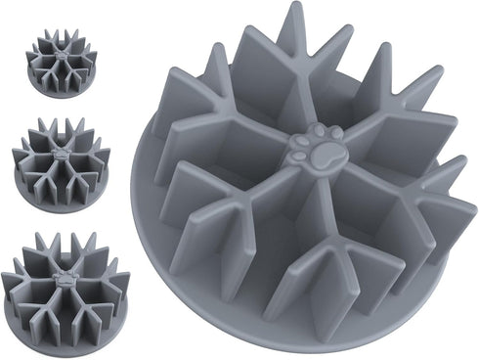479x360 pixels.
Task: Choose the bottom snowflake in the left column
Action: pos(65,280)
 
